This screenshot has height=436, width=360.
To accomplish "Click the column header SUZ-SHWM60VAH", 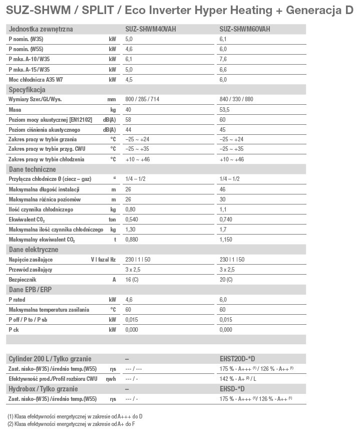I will (245, 30).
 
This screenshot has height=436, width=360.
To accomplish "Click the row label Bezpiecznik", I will (23, 279).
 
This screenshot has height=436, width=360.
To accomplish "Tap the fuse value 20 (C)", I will (226, 279).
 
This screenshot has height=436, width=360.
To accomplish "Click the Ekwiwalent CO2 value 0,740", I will (227, 220).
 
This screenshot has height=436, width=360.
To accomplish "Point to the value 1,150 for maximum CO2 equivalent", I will (227, 240).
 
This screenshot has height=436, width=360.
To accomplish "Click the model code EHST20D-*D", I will (237, 359).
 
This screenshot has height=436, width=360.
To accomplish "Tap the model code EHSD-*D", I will (232, 389).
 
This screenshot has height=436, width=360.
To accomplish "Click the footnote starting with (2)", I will (71, 424).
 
